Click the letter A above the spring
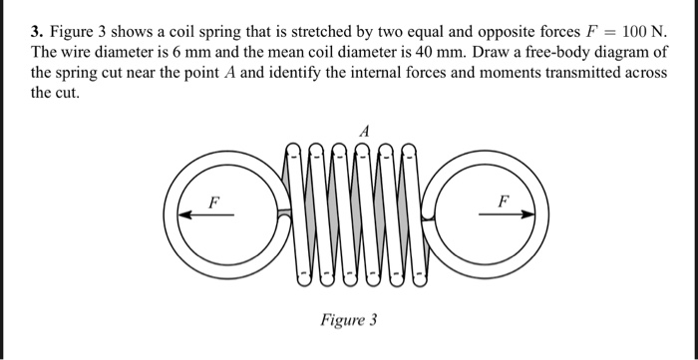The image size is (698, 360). [364, 130]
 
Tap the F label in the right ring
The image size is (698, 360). [503, 200]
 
